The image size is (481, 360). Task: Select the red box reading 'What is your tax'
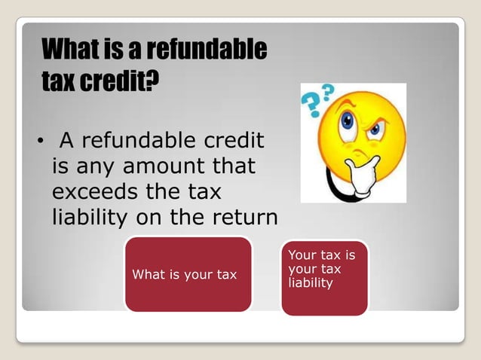point(188,274)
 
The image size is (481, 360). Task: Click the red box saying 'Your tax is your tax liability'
point(324,276)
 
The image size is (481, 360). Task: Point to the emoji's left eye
point(348,121)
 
